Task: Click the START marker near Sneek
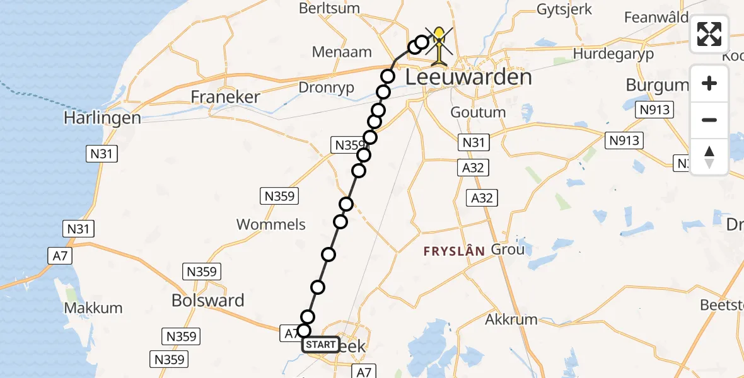(x=321, y=345)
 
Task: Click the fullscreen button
(x=709, y=34)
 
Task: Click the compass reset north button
(x=709, y=157)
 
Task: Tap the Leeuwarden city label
(x=468, y=77)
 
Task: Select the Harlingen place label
(x=102, y=118)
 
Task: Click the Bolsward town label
(x=207, y=301)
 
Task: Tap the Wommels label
(x=271, y=224)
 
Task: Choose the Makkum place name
(x=93, y=308)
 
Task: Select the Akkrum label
(x=511, y=319)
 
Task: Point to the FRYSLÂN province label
(x=454, y=251)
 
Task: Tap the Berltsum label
(x=339, y=8)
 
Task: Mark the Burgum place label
(x=657, y=85)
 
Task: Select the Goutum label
(x=478, y=112)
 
